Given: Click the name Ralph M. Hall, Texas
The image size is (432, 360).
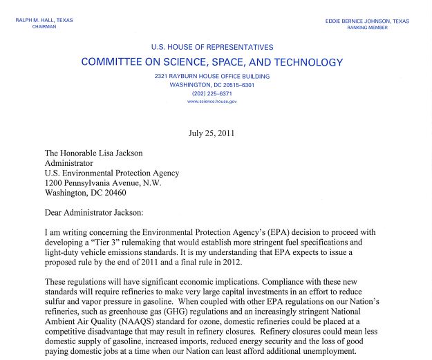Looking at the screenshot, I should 44,21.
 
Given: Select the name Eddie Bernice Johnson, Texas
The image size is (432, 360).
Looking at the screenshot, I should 367,21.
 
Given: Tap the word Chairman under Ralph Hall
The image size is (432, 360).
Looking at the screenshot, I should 44,27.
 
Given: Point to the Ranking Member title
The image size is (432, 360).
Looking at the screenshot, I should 367,28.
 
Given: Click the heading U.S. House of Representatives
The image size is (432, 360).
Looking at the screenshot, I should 212,48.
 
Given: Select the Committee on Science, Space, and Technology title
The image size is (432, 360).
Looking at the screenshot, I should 212,62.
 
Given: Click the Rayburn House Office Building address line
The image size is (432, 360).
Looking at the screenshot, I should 212,77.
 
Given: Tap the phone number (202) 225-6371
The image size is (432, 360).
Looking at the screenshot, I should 212,93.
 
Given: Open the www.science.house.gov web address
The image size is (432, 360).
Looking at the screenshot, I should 212,102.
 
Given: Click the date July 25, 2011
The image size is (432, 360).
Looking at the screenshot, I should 212,133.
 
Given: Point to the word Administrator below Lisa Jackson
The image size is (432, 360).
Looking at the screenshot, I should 68,163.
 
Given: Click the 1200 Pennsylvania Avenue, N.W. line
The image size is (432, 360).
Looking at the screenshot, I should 102,183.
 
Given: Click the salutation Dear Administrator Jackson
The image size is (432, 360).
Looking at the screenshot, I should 93,212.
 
